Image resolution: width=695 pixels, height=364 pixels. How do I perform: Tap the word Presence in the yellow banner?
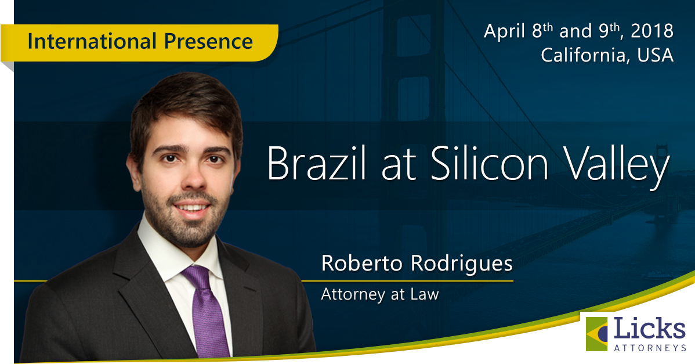[x=208, y=41]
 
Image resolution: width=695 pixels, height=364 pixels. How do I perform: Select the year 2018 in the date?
[x=652, y=31]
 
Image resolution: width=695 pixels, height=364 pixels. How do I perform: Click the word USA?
[x=656, y=55]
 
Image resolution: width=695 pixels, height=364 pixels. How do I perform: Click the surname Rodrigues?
[x=461, y=264]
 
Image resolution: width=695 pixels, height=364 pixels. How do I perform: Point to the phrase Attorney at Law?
[x=380, y=294]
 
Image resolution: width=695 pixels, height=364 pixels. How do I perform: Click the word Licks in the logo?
[x=649, y=329]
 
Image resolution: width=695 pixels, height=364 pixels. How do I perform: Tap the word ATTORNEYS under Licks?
[x=650, y=348]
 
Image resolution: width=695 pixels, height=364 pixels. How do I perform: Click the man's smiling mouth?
[x=192, y=208]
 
